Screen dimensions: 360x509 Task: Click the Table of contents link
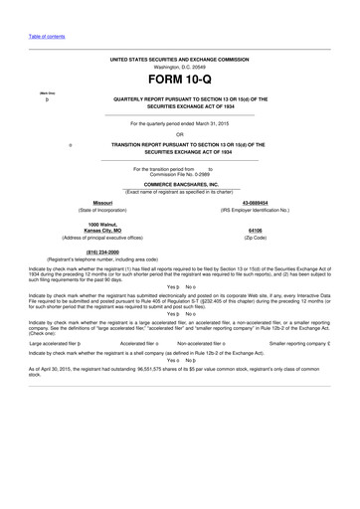click(47, 36)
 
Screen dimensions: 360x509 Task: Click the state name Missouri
click(102, 202)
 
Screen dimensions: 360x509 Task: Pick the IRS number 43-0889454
click(255, 202)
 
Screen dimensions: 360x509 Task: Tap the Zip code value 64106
click(255, 230)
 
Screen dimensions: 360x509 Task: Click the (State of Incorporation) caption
click(102, 210)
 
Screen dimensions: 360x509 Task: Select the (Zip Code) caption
click(255, 238)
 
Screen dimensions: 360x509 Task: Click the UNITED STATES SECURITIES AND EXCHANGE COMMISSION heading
click(180, 59)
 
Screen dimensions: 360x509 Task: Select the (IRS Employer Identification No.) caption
click(255, 210)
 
